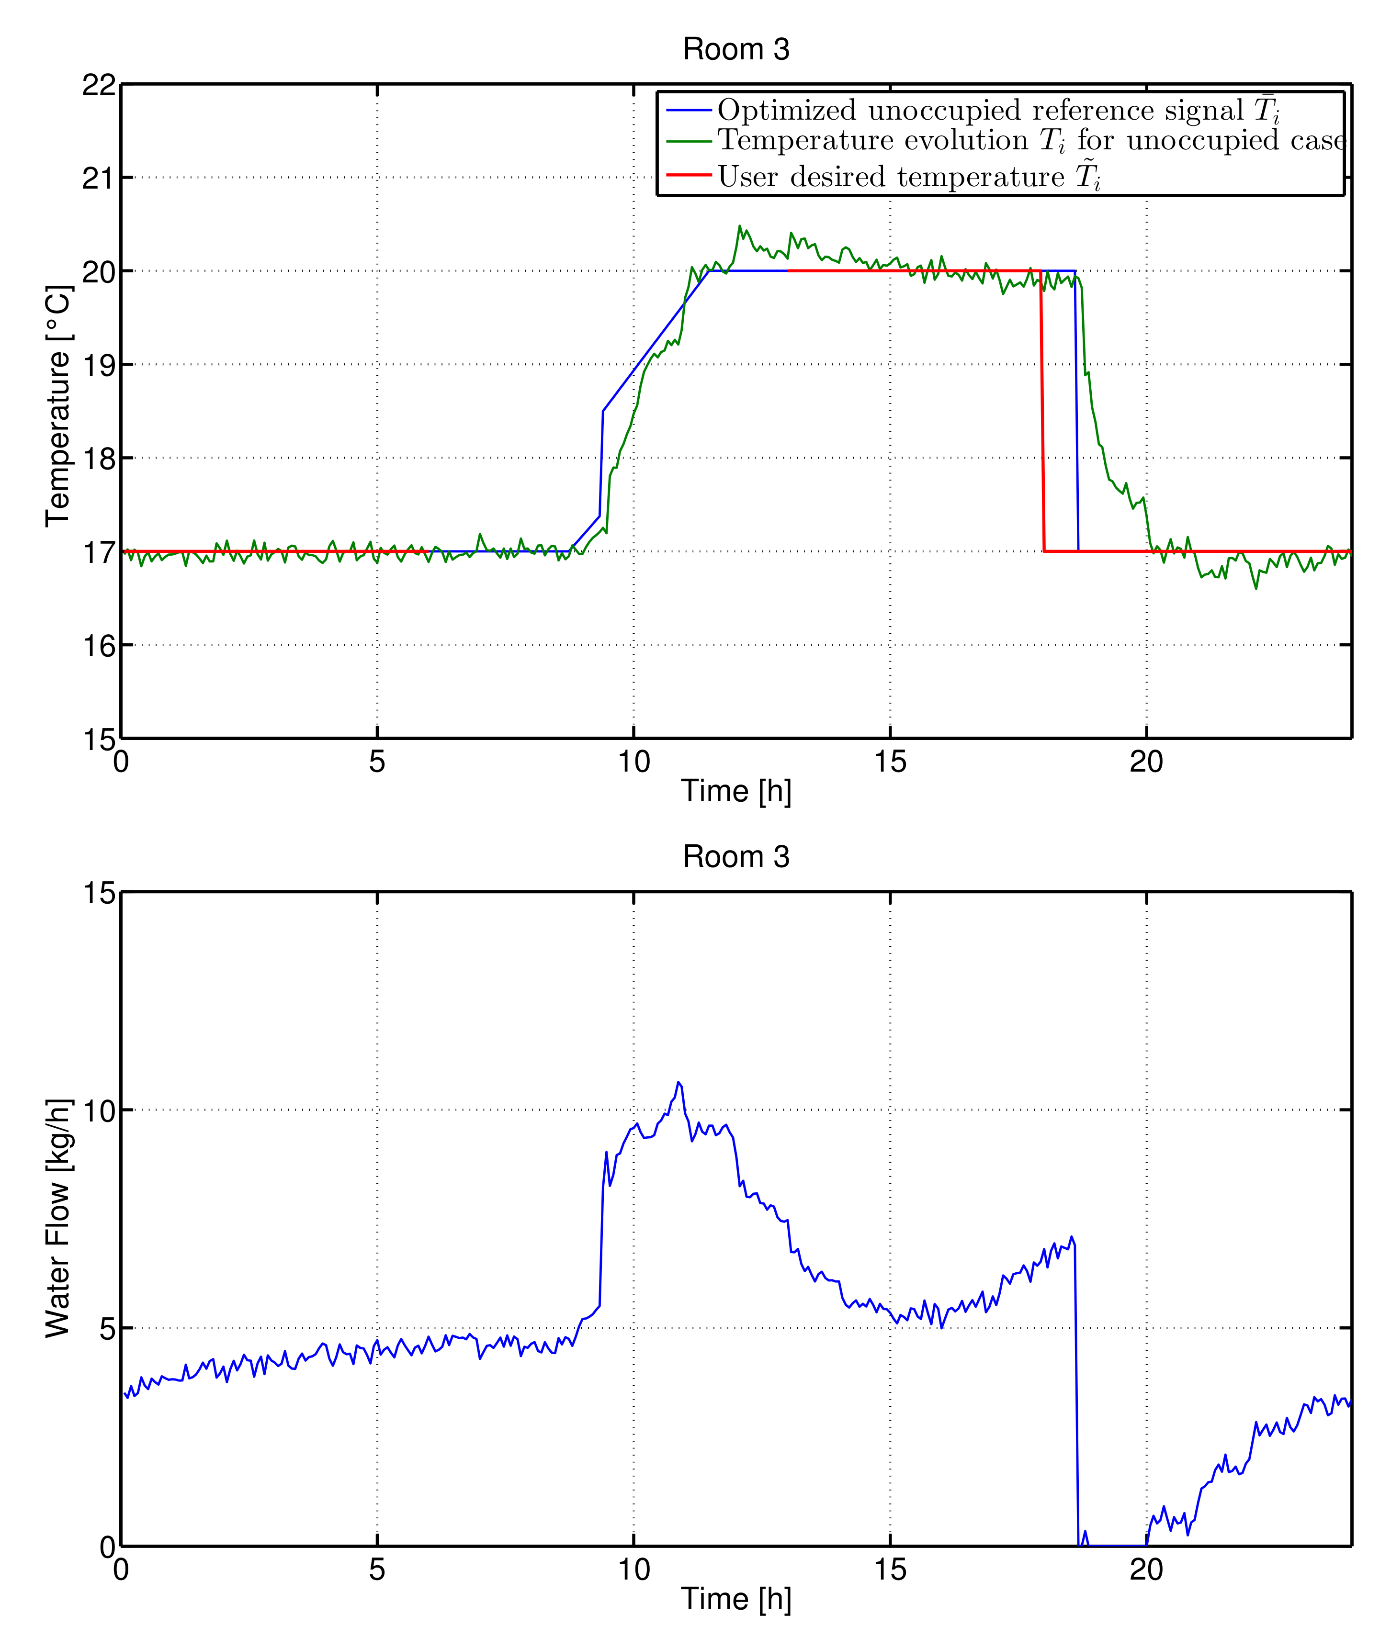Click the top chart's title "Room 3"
pyautogui.click(x=735, y=49)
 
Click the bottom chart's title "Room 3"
pyautogui.click(x=735, y=856)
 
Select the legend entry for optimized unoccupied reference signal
pyautogui.click(x=997, y=110)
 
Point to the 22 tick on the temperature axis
pyautogui.click(x=99, y=84)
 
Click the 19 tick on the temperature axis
pyautogui.click(x=99, y=364)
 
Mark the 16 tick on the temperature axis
pyautogui.click(x=99, y=645)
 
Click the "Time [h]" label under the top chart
pyautogui.click(x=735, y=791)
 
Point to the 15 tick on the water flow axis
pyautogui.click(x=99, y=892)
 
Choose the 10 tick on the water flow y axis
pyautogui.click(x=99, y=1110)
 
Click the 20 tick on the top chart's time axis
pyautogui.click(x=1146, y=761)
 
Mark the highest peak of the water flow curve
pyautogui.click(x=678, y=1082)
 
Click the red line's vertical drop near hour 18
pyautogui.click(x=1042, y=415)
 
